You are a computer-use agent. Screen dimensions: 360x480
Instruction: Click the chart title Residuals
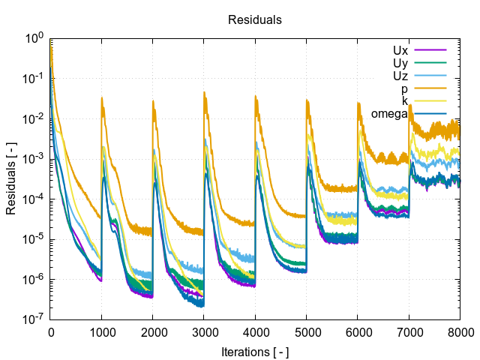pyautogui.click(x=255, y=20)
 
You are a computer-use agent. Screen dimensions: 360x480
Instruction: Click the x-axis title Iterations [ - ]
pyautogui.click(x=255, y=351)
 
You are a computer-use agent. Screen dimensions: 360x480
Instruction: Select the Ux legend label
pyautogui.click(x=400, y=50)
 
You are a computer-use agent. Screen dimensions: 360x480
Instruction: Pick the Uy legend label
pyautogui.click(x=400, y=63)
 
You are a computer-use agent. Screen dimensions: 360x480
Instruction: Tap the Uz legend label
pyautogui.click(x=400, y=76)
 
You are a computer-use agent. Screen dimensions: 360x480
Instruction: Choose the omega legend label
pyautogui.click(x=388, y=114)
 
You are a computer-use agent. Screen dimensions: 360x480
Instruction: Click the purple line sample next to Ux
pyautogui.click(x=430, y=50)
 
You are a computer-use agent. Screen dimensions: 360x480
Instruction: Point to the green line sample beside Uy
pyautogui.click(x=430, y=63)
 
